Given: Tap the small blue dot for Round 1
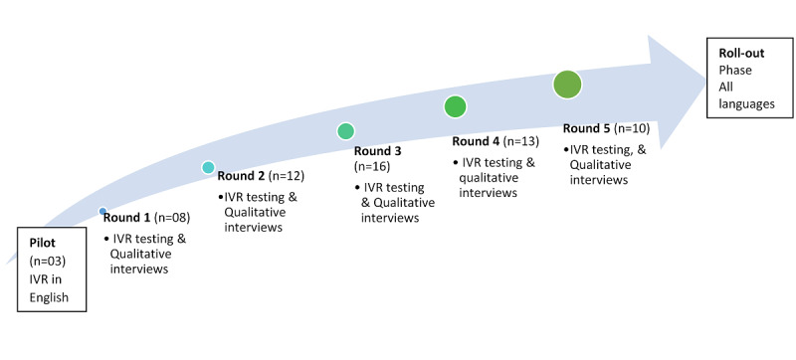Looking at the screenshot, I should click(x=102, y=211).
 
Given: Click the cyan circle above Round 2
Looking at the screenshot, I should click(x=208, y=167).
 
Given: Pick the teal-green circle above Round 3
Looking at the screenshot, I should click(x=345, y=130).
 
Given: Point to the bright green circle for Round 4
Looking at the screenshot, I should click(x=456, y=106).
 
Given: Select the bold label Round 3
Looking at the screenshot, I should click(x=378, y=151).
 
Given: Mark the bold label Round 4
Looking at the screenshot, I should click(x=476, y=140).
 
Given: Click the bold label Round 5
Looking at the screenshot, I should click(x=587, y=128).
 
